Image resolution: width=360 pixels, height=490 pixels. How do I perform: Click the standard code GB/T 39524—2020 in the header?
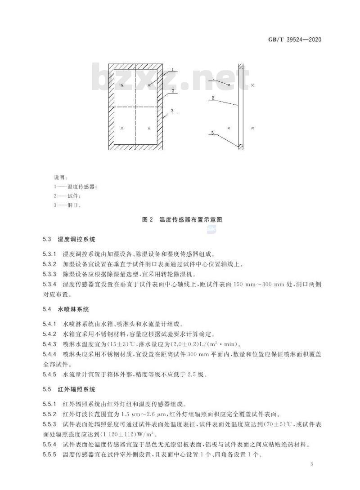point(295,40)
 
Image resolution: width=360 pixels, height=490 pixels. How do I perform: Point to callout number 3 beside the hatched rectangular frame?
point(172,111)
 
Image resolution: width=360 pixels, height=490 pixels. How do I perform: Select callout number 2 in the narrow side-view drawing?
point(213,98)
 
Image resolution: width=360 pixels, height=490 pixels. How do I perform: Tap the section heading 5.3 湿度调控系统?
point(69,240)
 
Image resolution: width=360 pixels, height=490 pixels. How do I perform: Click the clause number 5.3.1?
point(50,254)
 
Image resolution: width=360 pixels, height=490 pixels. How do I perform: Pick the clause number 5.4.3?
point(50,344)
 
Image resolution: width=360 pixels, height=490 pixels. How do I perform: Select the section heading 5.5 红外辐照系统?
point(69,389)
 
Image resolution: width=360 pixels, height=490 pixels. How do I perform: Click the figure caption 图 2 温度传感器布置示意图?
point(182,220)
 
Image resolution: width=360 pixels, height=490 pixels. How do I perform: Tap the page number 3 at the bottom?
point(311,464)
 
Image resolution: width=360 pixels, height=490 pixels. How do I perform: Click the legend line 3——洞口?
point(67,205)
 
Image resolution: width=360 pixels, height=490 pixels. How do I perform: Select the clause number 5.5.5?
point(50,454)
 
